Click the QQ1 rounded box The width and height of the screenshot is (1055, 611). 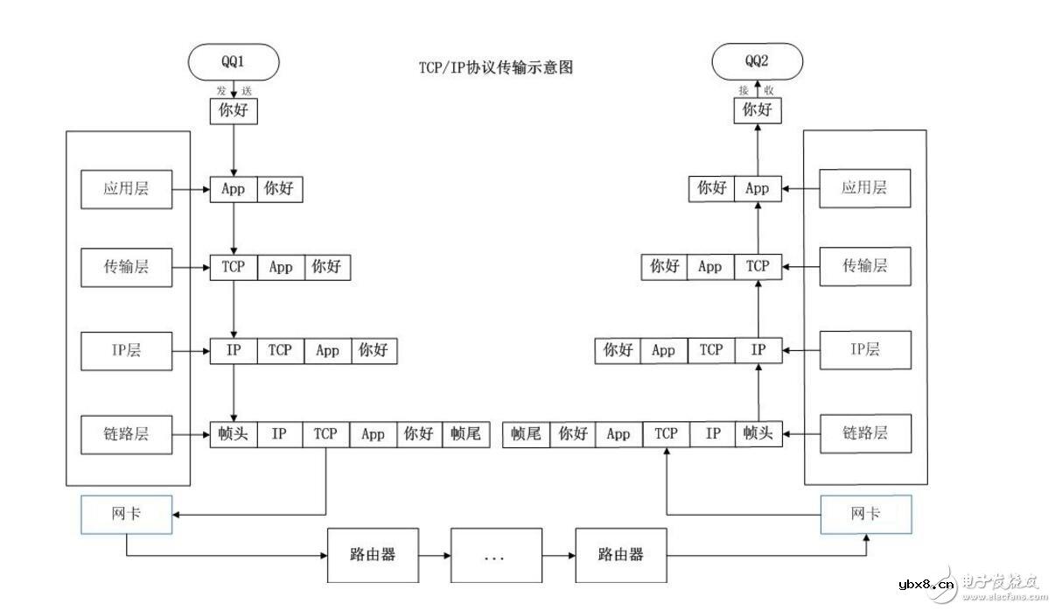coord(234,62)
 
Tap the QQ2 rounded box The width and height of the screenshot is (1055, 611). coord(757,62)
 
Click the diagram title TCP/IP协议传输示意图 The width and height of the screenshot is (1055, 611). coord(495,67)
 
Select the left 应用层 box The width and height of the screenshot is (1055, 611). coord(126,188)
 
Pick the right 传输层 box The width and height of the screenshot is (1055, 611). coord(864,266)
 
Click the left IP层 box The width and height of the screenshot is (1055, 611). coord(126,351)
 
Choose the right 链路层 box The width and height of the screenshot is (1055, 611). coord(864,433)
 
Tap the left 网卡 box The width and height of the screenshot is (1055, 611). coord(126,515)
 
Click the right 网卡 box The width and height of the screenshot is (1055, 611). coord(864,515)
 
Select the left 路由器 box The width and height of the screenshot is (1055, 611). coord(373,555)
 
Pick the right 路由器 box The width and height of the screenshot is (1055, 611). coord(620,555)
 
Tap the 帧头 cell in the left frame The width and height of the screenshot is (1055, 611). coord(234,433)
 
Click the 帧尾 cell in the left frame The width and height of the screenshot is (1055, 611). coord(466,433)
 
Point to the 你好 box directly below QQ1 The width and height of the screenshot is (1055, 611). coord(234,111)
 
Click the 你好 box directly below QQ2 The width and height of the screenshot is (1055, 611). coord(757,110)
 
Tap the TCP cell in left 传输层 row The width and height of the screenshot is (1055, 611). coord(233,267)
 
